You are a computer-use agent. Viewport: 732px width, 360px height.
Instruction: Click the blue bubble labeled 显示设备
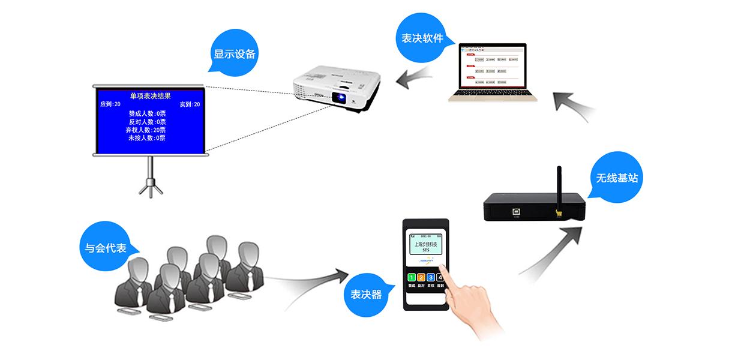235,53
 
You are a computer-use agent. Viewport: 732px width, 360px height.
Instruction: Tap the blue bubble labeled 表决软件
422,38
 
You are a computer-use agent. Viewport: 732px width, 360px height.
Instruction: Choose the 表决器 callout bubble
366,294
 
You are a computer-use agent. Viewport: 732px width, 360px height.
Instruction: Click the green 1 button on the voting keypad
412,277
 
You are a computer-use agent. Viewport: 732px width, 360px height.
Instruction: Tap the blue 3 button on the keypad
431,277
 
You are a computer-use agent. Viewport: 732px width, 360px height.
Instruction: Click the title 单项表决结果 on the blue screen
150,95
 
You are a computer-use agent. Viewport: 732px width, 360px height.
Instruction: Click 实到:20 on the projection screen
190,104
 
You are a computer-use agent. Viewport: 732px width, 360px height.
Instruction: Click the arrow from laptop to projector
416,76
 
